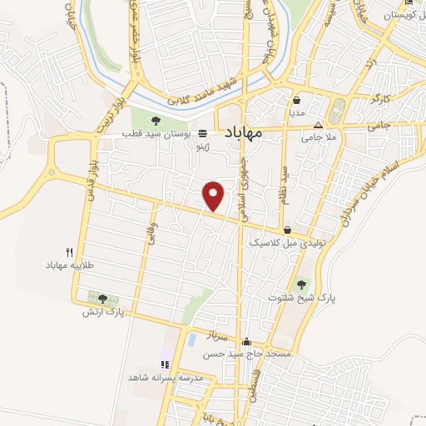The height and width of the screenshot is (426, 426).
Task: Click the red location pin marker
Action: point(215,195)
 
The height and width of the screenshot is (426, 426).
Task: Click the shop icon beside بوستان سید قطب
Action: point(203,131)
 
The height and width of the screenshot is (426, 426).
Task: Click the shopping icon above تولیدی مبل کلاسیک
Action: point(287,230)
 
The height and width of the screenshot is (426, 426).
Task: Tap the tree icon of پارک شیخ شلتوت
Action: point(301,285)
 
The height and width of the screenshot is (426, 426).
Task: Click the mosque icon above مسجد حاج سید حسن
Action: point(246,342)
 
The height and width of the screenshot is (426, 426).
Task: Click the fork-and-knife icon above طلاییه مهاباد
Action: point(70,251)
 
